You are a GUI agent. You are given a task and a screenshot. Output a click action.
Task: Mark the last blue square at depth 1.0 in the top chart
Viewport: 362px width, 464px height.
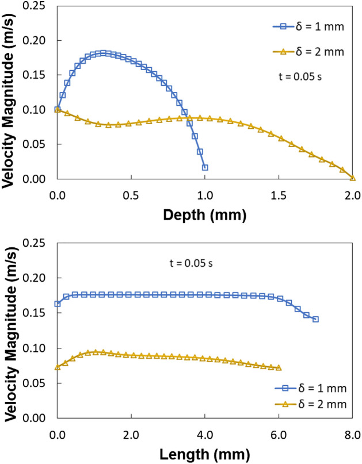point(205,167)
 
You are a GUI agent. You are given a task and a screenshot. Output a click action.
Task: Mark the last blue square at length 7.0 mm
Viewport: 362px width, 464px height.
point(315,319)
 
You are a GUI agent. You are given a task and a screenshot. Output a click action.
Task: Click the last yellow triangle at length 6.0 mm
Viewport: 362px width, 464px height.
point(279,368)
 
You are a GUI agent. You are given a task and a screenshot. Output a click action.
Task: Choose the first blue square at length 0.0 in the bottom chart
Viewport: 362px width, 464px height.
point(58,304)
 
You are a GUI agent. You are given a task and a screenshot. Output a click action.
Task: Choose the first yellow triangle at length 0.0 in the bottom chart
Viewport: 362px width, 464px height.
point(58,367)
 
